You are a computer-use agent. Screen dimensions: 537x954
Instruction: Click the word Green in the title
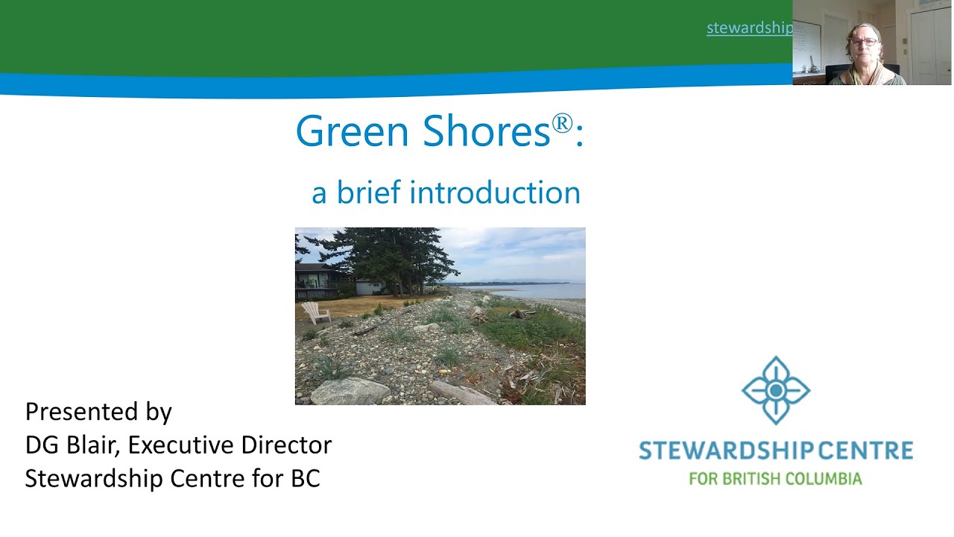pyautogui.click(x=353, y=131)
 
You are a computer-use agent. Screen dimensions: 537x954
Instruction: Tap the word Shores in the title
pyautogui.click(x=486, y=131)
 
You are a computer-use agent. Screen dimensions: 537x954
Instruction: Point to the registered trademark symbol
pyautogui.click(x=562, y=123)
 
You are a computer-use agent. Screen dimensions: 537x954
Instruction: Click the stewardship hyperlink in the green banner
pyautogui.click(x=749, y=28)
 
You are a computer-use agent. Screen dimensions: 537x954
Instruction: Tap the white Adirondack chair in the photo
pyautogui.click(x=315, y=312)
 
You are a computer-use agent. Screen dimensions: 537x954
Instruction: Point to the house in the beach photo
pyautogui.click(x=317, y=280)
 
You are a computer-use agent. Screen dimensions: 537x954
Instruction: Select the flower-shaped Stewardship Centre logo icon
pyautogui.click(x=775, y=390)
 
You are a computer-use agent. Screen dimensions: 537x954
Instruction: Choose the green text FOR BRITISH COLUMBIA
pyautogui.click(x=775, y=478)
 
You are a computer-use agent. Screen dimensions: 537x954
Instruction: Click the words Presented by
pyautogui.click(x=98, y=412)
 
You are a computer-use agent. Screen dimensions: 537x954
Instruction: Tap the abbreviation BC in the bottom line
pyautogui.click(x=305, y=478)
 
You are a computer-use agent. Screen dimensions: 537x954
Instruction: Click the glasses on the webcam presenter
pyautogui.click(x=865, y=42)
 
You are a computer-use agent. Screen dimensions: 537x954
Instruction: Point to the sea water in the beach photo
pyautogui.click(x=544, y=292)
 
